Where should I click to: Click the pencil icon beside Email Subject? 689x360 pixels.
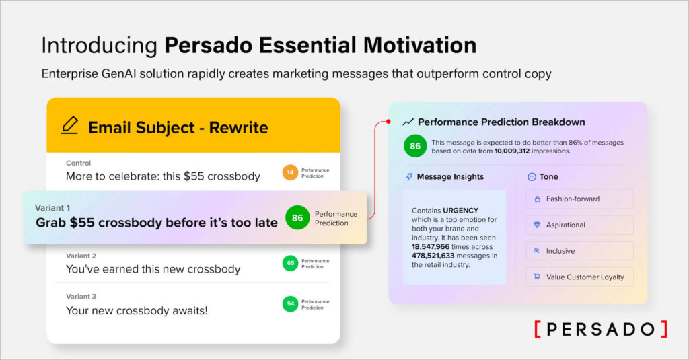(x=69, y=126)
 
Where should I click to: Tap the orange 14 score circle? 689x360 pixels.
(x=290, y=173)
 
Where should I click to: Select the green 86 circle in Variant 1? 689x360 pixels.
(x=297, y=218)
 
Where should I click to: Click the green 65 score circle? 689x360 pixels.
(x=290, y=263)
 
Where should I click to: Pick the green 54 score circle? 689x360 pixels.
(x=290, y=304)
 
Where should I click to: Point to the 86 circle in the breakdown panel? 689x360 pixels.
(x=415, y=146)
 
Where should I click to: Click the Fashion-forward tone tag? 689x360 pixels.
(x=579, y=199)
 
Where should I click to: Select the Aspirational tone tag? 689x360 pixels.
(x=579, y=225)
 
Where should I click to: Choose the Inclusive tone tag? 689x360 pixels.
(x=579, y=251)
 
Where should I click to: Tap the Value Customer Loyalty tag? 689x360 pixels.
(x=579, y=277)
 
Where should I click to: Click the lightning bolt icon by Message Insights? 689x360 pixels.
(x=409, y=177)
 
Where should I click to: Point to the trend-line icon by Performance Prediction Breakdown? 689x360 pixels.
(x=408, y=122)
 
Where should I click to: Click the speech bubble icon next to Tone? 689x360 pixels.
(x=532, y=177)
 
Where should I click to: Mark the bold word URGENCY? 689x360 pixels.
(x=461, y=211)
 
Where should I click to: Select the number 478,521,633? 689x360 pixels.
(x=436, y=255)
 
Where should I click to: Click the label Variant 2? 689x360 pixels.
(x=81, y=256)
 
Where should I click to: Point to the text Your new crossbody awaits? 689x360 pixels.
(x=137, y=310)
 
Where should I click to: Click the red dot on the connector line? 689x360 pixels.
(x=389, y=122)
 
